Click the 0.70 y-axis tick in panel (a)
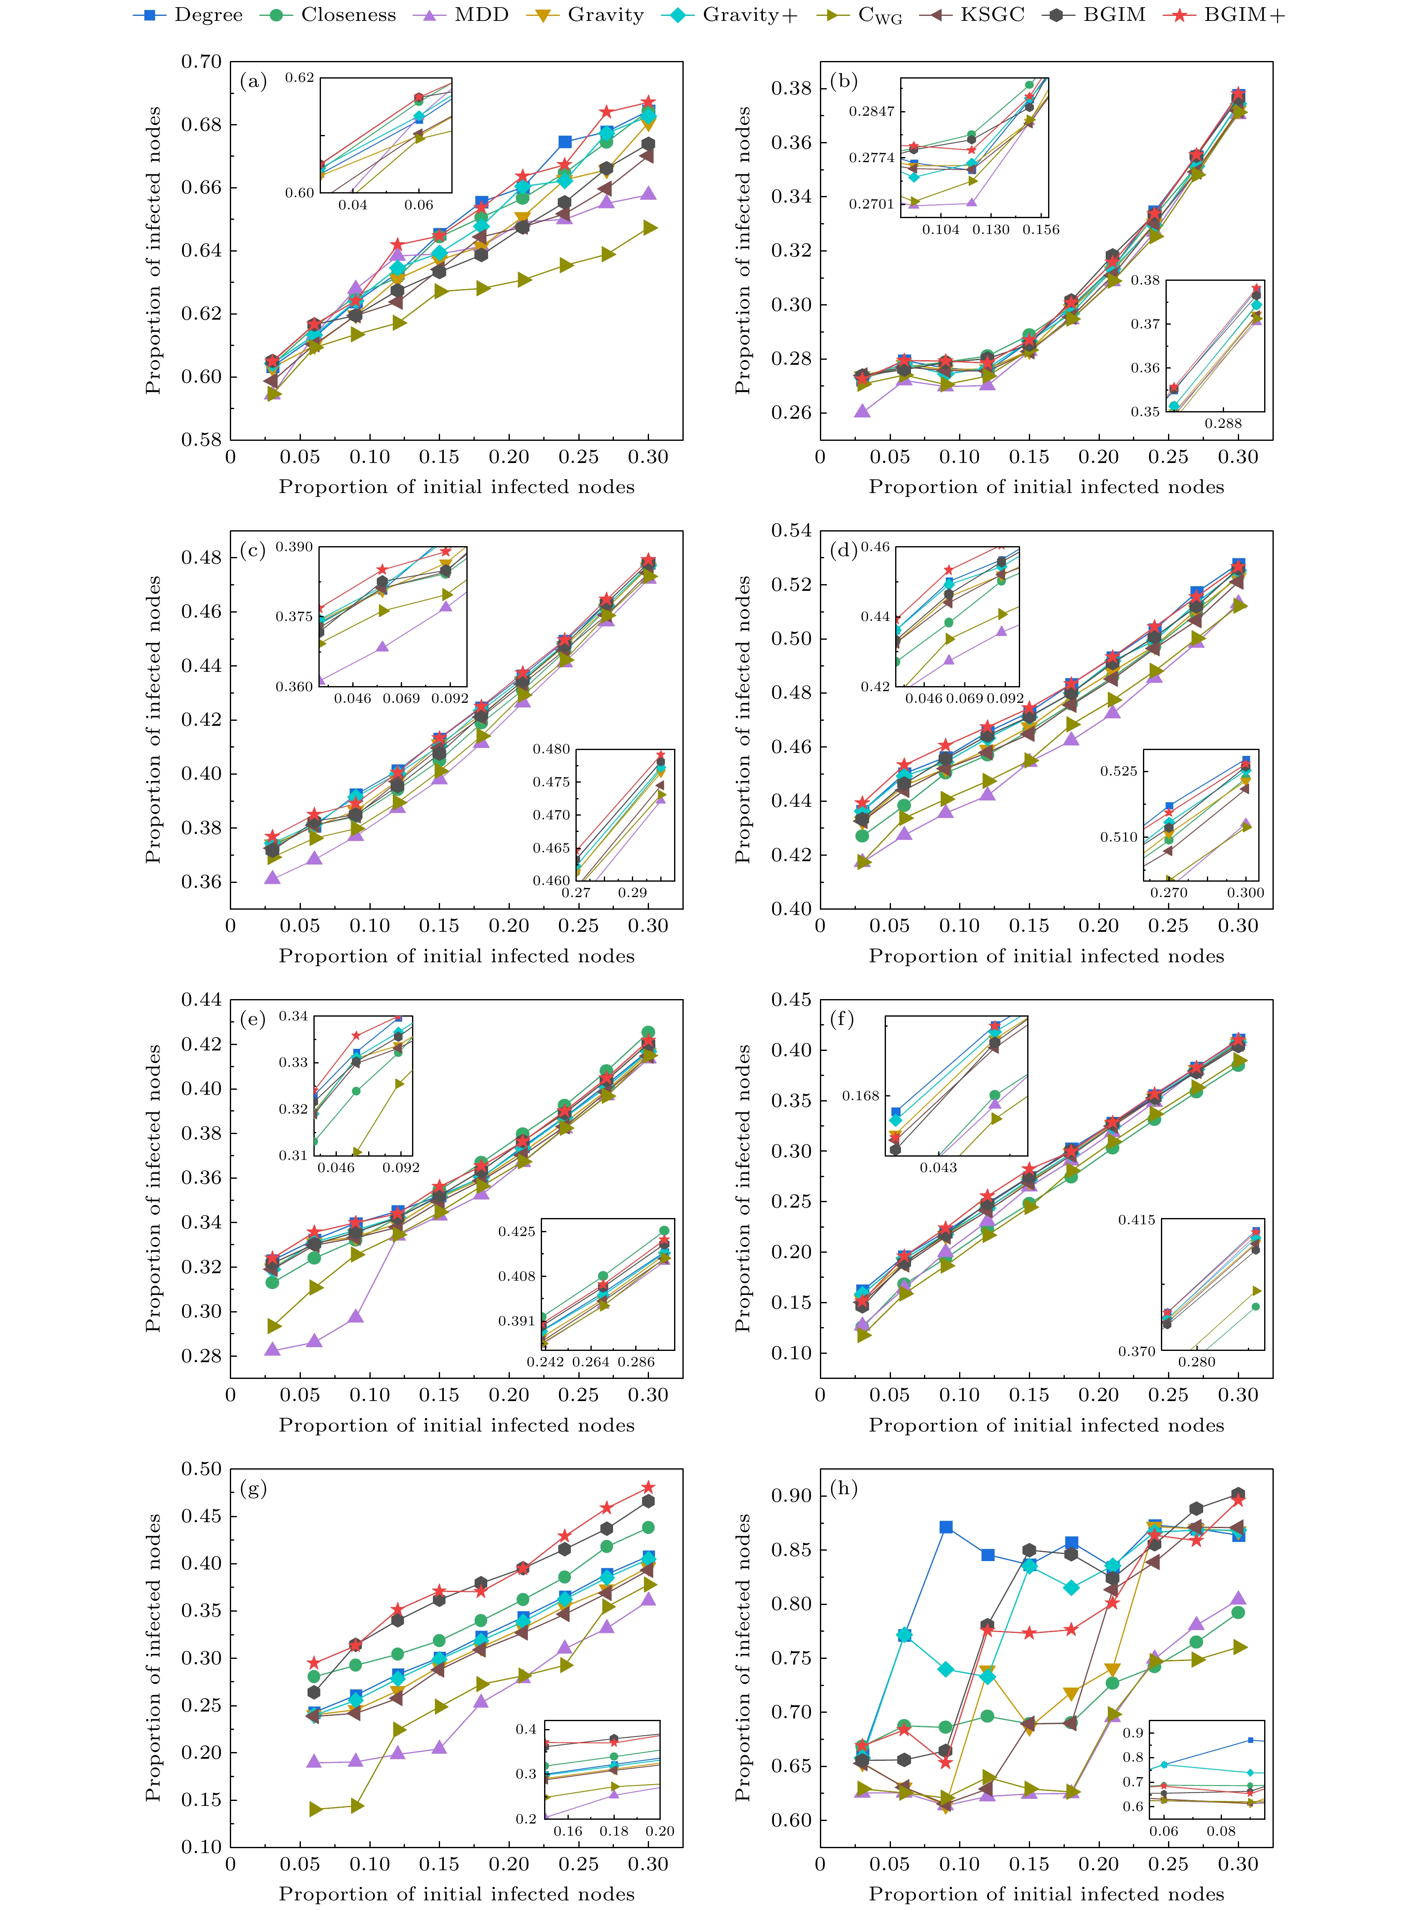[201, 62]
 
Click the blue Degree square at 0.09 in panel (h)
[946, 1527]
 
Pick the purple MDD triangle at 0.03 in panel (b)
[863, 411]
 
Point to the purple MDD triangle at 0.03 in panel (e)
[272, 1350]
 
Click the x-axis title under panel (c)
[456, 956]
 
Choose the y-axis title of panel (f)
[743, 1188]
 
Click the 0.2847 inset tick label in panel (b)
[871, 111]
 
